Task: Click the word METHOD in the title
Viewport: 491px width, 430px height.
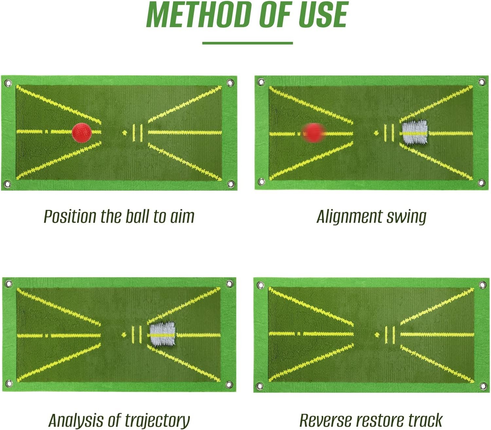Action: pos(197,15)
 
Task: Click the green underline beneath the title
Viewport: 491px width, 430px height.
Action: pos(247,43)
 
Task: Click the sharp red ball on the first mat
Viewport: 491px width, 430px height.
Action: pos(82,132)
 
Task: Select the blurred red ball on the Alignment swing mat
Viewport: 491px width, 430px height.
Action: pos(313,132)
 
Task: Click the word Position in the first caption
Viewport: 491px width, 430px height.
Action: pos(69,217)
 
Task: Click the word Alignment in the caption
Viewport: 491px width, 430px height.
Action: pos(349,217)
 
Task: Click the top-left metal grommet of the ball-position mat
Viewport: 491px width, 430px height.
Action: pos(8,83)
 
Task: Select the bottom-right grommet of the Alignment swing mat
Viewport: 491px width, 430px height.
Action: pos(482,183)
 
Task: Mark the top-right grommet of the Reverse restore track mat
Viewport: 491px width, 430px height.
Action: pos(483,284)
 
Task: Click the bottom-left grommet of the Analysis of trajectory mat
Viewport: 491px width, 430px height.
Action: pos(9,383)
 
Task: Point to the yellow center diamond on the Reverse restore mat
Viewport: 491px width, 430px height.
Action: pos(377,335)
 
